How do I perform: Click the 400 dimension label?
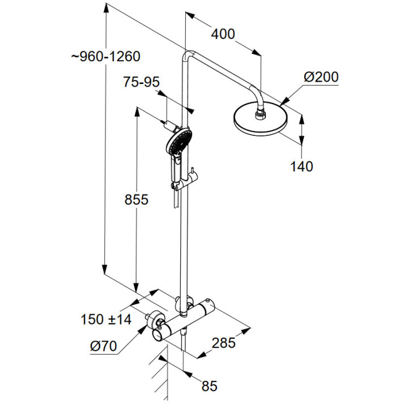pos(223,34)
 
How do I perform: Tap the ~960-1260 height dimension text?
pos(106,57)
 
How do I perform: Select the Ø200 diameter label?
pos(320,76)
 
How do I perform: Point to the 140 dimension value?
pos(301,166)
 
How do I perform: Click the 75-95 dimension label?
pos(141,83)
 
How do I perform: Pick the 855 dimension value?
pos(137,199)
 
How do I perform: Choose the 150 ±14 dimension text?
pos(107,320)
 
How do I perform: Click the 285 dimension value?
pos(223,342)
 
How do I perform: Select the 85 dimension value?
pos(209,386)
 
